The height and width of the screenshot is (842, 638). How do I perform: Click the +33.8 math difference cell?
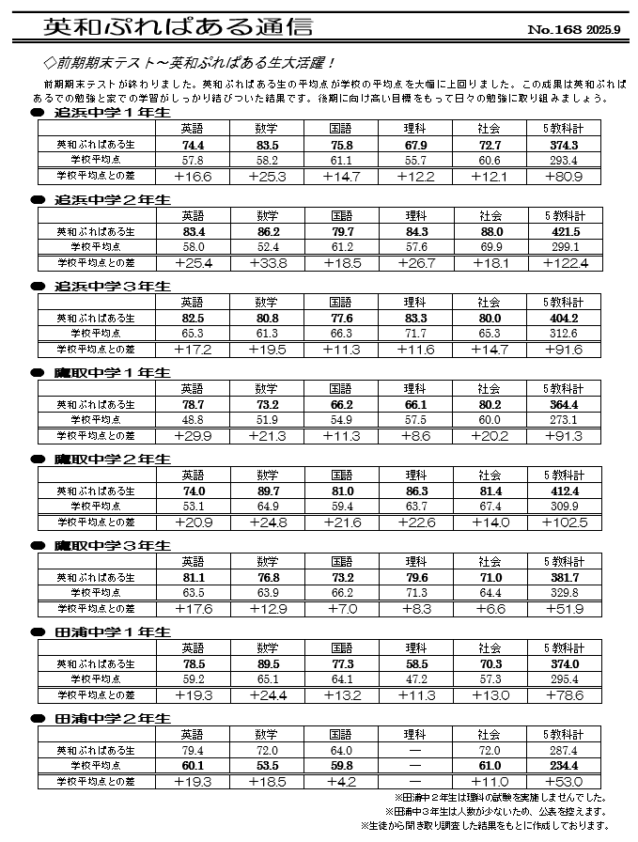[266, 263]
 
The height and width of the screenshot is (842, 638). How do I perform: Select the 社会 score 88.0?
[489, 231]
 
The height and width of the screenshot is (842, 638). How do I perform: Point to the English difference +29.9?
[193, 436]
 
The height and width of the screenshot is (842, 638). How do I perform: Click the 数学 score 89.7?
[266, 491]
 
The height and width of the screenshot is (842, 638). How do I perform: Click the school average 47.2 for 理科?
[414, 678]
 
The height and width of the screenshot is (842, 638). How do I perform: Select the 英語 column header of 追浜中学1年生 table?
[193, 129]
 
